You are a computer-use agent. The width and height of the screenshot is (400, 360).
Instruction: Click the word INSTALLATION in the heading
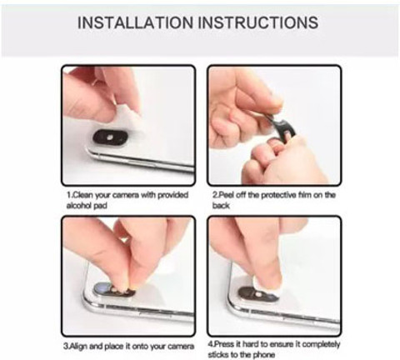[135, 22]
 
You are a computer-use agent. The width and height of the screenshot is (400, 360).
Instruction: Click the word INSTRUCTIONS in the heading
[258, 22]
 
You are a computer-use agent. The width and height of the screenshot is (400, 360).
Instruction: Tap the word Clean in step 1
[82, 195]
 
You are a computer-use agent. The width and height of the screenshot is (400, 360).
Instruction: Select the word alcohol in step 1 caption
[80, 206]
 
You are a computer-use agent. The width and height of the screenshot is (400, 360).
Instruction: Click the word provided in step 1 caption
[172, 195]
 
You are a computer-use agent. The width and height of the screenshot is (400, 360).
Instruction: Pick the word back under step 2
[221, 206]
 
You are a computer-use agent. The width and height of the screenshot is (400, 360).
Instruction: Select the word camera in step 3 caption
[181, 347]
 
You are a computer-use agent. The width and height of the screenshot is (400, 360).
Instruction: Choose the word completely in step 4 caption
[321, 345]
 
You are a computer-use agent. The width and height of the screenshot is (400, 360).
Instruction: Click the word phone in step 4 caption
[264, 355]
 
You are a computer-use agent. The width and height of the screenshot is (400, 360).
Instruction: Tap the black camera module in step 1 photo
[110, 137]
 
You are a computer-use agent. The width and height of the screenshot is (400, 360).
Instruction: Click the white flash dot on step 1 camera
[110, 137]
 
